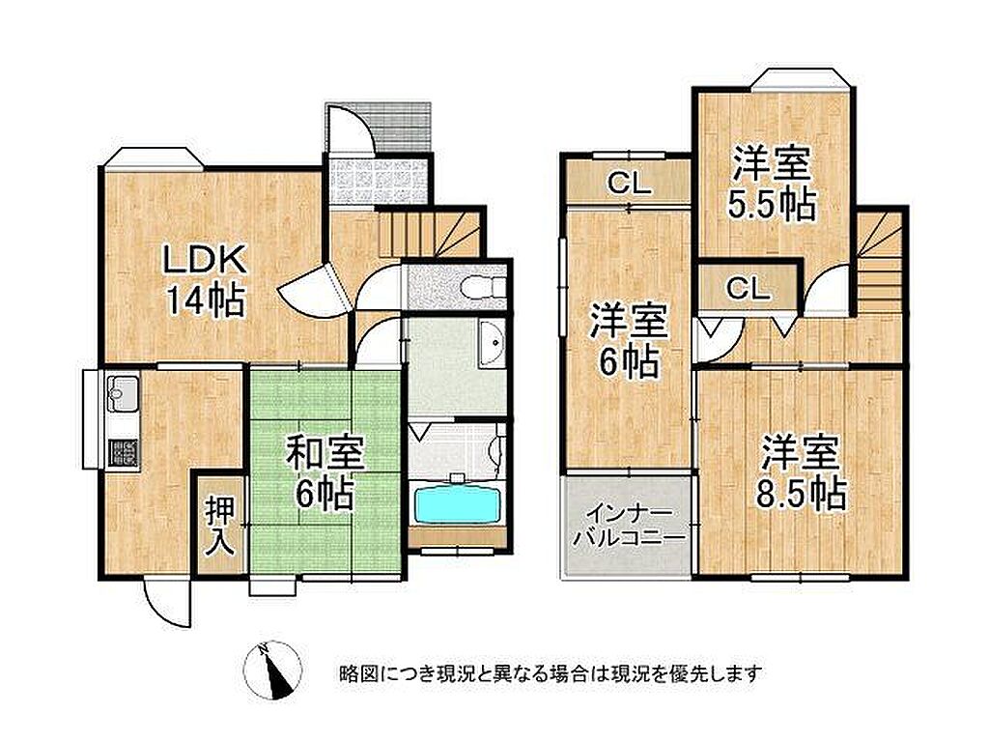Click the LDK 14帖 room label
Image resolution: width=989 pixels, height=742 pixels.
[x=205, y=280]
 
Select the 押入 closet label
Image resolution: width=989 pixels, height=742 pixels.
[x=220, y=527]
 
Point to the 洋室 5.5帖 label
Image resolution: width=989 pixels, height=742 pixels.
[x=772, y=183]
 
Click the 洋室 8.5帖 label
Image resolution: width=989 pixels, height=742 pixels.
[x=801, y=471]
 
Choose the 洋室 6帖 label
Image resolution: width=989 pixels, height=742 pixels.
[x=628, y=341]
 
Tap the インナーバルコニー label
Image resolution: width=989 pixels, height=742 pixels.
[x=627, y=526]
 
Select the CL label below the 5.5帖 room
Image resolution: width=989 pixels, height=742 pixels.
[x=749, y=290]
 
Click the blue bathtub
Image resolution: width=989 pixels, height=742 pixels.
[x=457, y=504]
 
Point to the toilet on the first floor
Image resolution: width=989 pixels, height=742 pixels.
[x=483, y=288]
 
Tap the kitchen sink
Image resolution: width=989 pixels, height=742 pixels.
[x=123, y=392]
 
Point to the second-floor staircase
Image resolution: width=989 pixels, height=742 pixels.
[x=879, y=260]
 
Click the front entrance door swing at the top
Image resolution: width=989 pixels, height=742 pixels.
[x=348, y=128]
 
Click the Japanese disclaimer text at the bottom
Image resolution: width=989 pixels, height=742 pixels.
[x=551, y=673]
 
